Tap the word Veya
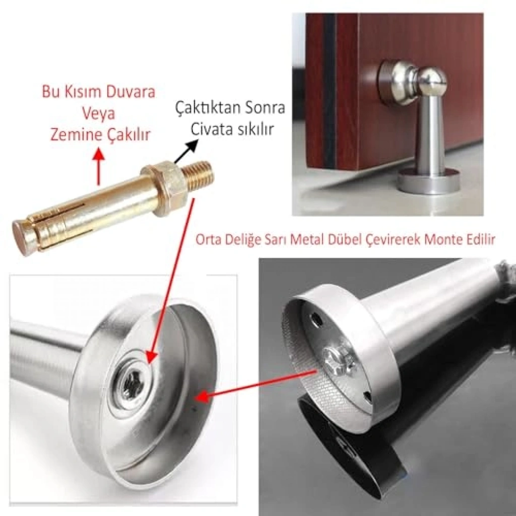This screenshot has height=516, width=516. [98, 114]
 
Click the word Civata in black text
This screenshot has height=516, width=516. [210, 130]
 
